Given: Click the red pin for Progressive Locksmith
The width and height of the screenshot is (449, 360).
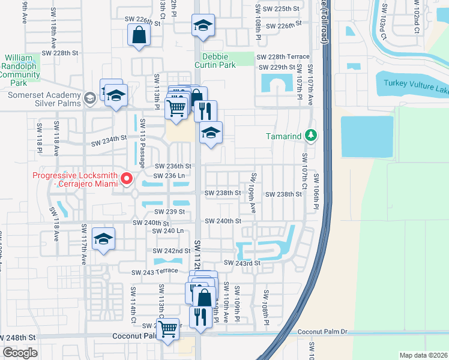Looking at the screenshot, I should pyautogui.click(x=127, y=179).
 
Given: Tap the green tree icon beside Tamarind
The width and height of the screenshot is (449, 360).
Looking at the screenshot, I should pyautogui.click(x=310, y=136).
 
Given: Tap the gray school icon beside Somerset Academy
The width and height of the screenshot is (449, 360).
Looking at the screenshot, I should pyautogui.click(x=90, y=98).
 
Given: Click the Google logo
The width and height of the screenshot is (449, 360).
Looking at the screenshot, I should pyautogui.click(x=20, y=353).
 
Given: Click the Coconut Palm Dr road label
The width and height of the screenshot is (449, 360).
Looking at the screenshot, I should pyautogui.click(x=322, y=332).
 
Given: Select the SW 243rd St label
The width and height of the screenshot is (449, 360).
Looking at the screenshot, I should pyautogui.click(x=242, y=263).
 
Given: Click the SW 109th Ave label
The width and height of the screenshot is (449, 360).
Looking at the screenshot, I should pyautogui.click(x=253, y=194).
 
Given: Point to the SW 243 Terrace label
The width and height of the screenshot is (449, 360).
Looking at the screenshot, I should pyautogui.click(x=155, y=271).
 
